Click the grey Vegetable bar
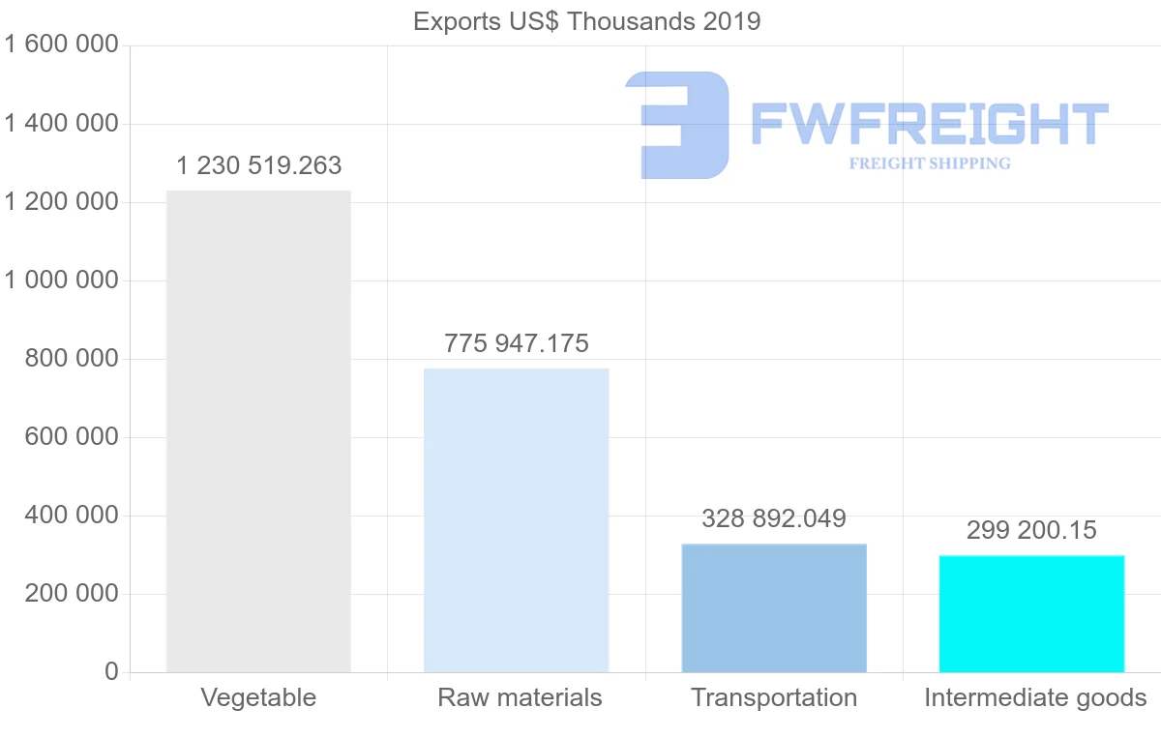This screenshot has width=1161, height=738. pyautogui.click(x=258, y=430)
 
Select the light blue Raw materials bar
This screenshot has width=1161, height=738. pyautogui.click(x=517, y=519)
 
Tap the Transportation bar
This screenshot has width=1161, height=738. pyautogui.click(x=774, y=607)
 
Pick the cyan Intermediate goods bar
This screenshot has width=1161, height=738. pyautogui.click(x=1031, y=613)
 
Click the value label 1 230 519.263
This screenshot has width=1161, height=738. pyautogui.click(x=259, y=165)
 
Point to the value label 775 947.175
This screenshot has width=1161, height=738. pyautogui.click(x=517, y=343)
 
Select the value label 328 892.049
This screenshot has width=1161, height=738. pyautogui.click(x=774, y=518)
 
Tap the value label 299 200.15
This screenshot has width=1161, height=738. pyautogui.click(x=1031, y=530)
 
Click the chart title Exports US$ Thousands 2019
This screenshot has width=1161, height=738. pyautogui.click(x=587, y=21)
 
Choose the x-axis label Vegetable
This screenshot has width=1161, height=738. pyautogui.click(x=258, y=697)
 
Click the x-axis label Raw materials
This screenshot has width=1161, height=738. pyautogui.click(x=520, y=697)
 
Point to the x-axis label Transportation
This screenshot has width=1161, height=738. pyautogui.click(x=774, y=697)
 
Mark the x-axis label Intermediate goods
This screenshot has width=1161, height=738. pyautogui.click(x=1035, y=697)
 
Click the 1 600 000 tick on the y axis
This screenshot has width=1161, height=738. pyautogui.click(x=62, y=44)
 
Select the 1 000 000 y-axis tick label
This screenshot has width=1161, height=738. pyautogui.click(x=62, y=280)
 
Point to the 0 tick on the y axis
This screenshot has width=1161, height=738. pyautogui.click(x=111, y=672)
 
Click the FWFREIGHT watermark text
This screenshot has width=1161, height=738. pyautogui.click(x=930, y=124)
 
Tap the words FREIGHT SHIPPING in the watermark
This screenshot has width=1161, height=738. pyautogui.click(x=930, y=163)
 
